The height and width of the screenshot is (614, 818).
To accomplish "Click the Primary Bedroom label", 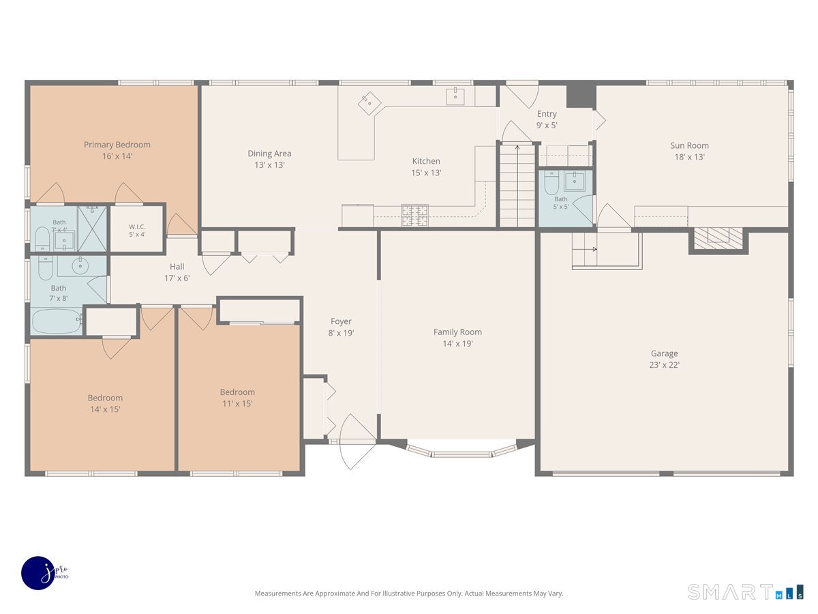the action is (x=117, y=150).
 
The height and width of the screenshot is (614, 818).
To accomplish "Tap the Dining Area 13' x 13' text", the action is (x=269, y=159).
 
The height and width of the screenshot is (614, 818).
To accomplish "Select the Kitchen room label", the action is (x=426, y=166).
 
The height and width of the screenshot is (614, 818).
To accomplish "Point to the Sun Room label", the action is (x=689, y=151).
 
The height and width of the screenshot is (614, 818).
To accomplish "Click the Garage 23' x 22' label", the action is (x=665, y=359).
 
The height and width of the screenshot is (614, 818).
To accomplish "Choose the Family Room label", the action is (x=457, y=338).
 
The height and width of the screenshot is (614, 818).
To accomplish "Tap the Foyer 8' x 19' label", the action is (x=341, y=327).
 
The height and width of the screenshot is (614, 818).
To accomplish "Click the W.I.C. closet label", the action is (x=137, y=231).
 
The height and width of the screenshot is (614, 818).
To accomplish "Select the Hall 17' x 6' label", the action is (x=177, y=272).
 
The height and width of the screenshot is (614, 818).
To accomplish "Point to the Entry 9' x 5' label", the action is (x=547, y=119).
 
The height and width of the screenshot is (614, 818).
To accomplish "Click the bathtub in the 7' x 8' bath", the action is (x=57, y=321).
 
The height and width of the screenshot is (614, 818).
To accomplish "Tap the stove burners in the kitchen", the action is (x=414, y=215).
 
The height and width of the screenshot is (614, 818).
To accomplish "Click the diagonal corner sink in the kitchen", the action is (x=369, y=103).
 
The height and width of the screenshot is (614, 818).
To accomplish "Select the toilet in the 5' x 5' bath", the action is (x=551, y=182).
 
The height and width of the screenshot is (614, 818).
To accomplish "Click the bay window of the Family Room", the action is (x=461, y=450).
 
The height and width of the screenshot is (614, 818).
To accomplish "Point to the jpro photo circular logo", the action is (x=38, y=573).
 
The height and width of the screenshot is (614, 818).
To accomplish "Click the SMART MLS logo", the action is (x=745, y=591).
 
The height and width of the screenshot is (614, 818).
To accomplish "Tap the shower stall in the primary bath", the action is (x=92, y=229).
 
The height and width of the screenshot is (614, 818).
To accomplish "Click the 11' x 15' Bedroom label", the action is (x=237, y=398).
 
